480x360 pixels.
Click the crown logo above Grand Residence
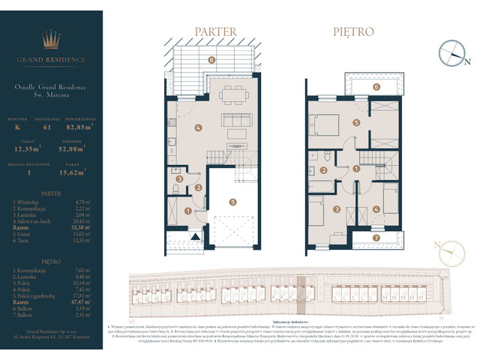tap(51, 39)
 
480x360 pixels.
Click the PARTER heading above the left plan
tap(216, 32)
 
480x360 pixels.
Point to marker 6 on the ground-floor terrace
tap(211, 59)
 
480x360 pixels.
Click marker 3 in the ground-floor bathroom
tap(179, 179)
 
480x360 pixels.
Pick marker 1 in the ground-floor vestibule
tap(187, 211)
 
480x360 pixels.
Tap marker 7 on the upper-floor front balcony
tap(376, 238)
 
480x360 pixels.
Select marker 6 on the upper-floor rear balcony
tap(376, 86)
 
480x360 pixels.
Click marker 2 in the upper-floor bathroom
tap(323, 170)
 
